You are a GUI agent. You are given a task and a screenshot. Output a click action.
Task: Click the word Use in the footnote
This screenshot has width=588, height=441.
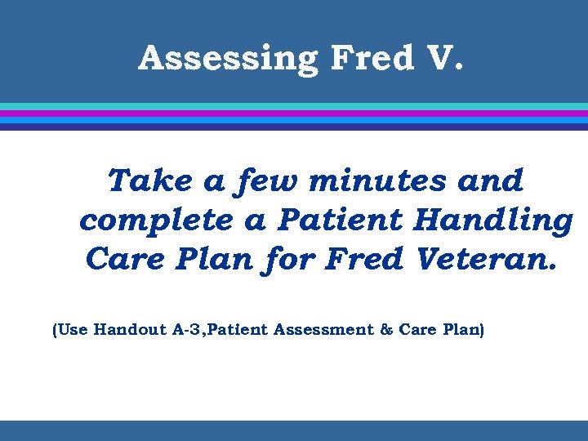click(x=73, y=331)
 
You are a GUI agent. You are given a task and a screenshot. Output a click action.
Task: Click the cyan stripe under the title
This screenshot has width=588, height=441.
click(x=294, y=106)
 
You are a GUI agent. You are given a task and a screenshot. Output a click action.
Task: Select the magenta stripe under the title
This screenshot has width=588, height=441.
click(x=294, y=114)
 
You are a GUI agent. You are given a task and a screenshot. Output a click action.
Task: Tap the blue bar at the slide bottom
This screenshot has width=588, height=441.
click(x=294, y=430)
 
